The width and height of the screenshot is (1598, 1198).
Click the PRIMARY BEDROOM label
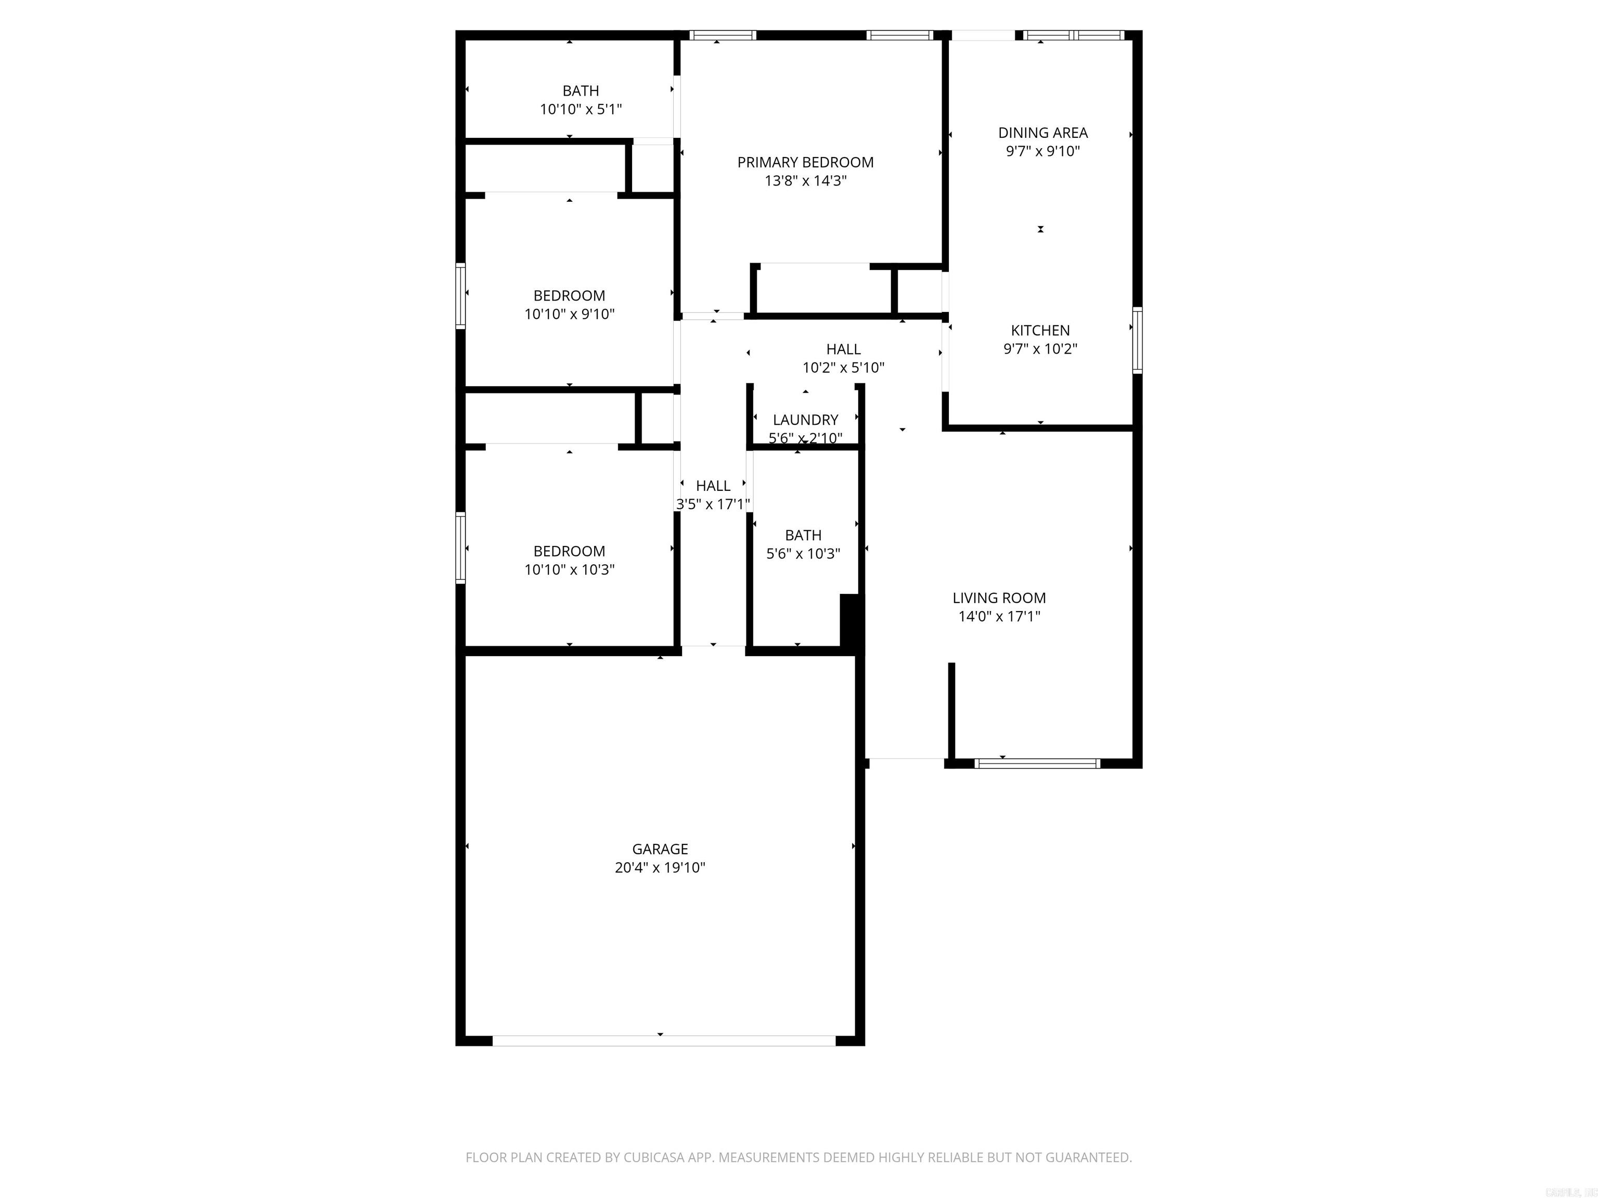tap(805, 162)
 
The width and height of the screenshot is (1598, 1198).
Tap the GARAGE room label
tap(660, 849)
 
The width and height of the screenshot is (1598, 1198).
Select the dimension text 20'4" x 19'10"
tap(660, 868)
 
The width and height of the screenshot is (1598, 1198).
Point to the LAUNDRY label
tap(805, 420)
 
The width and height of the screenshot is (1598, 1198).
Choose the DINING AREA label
tap(1042, 133)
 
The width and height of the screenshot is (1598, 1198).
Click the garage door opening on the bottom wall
tap(663, 1040)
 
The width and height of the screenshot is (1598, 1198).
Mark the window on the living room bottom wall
tap(1037, 763)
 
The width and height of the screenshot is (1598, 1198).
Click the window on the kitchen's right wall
tap(1137, 340)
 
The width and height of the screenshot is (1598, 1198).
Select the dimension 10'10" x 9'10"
tap(569, 314)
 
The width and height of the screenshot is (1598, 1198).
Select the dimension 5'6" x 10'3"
tap(803, 554)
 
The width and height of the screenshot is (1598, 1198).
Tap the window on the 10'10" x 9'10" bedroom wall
tap(460, 296)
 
